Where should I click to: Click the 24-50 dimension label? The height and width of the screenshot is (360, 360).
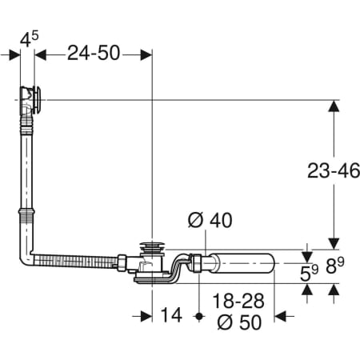point(94,53)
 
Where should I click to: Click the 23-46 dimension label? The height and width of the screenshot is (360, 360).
point(334,170)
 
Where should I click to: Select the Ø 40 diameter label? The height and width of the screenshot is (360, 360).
point(210,220)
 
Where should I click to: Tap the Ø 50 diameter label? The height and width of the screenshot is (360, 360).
point(239,322)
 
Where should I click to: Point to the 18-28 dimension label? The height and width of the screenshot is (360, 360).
point(238,301)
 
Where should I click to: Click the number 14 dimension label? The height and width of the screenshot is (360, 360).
point(171,315)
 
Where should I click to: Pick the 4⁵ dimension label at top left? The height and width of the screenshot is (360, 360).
point(30,39)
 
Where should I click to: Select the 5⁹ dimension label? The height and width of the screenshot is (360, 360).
point(309,274)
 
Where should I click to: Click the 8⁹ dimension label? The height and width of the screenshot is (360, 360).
point(335,266)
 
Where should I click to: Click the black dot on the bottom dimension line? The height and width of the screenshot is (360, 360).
point(198,317)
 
